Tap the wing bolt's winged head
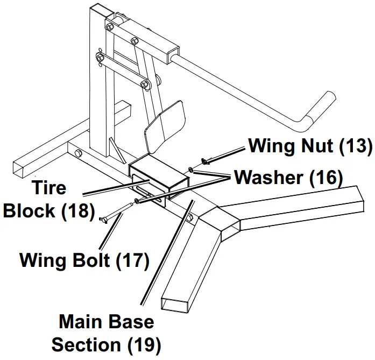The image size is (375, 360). (103, 219)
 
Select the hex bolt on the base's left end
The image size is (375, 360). (79, 155)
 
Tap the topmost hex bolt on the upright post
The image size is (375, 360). (110, 27)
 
